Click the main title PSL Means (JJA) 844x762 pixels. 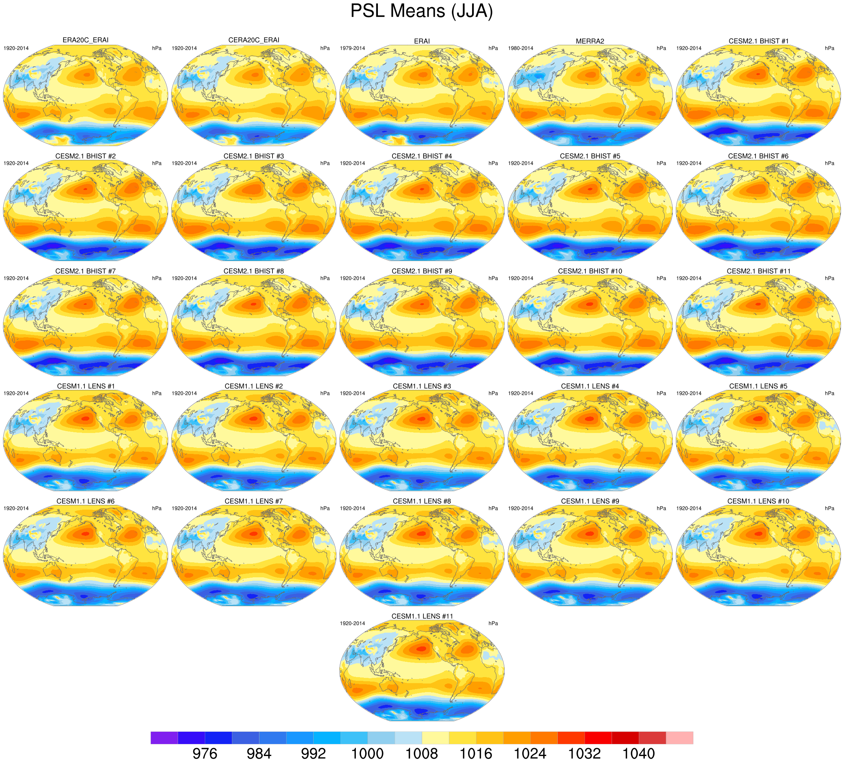point(421,11)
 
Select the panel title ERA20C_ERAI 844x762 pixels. point(85,40)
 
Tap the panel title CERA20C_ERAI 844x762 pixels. point(253,40)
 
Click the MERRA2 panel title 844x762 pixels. point(589,41)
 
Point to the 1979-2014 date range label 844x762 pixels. point(352,48)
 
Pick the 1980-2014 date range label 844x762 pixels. point(521,48)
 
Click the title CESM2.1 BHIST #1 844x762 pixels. point(758,41)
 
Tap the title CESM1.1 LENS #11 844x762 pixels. point(422,616)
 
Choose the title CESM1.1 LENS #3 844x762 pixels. point(422,386)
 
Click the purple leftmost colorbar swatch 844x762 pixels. point(164,738)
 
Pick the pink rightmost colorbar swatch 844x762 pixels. point(679,738)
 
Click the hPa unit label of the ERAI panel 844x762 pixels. point(493,48)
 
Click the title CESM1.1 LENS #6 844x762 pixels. point(85,501)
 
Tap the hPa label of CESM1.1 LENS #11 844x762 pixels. point(493,623)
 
